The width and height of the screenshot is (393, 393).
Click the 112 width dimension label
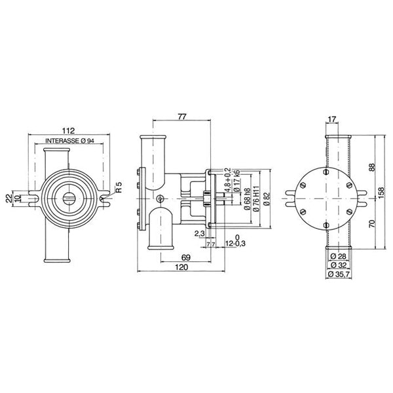pyautogui.click(x=68, y=128)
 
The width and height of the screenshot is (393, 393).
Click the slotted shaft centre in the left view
pyautogui.click(x=68, y=196)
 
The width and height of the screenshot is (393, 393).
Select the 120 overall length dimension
pyautogui.click(x=182, y=269)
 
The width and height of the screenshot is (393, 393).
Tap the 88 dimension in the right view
pyautogui.click(x=372, y=168)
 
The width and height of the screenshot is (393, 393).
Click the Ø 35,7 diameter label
pyautogui.click(x=339, y=274)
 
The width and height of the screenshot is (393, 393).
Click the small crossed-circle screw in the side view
pyautogui.click(x=160, y=199)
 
